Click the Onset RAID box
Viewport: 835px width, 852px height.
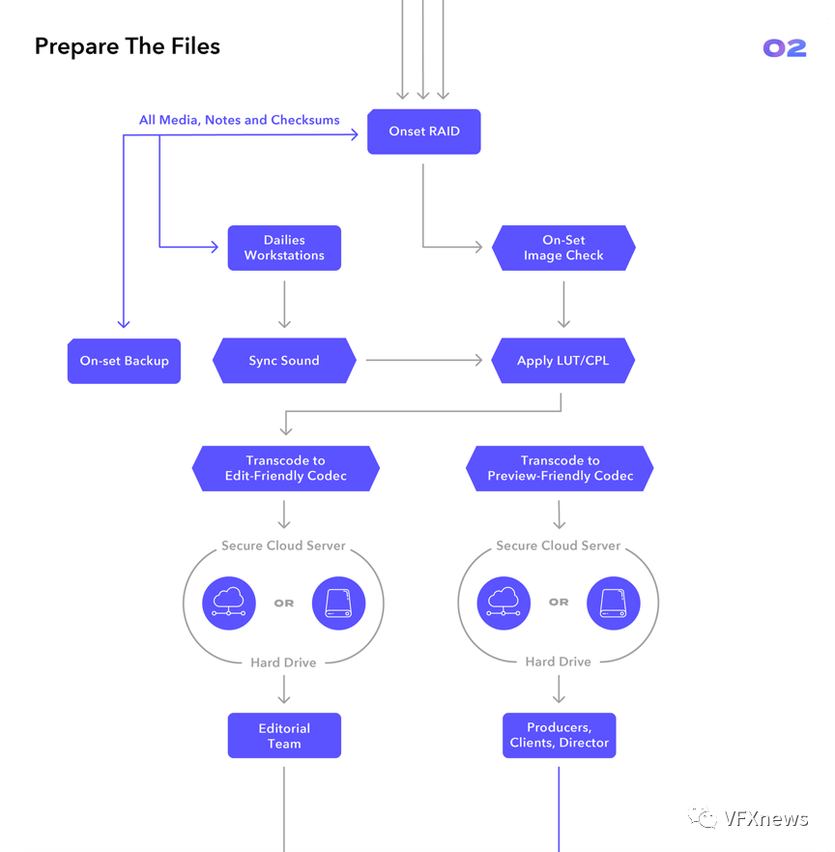pyautogui.click(x=423, y=132)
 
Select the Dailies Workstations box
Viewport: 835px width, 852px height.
pyautogui.click(x=284, y=248)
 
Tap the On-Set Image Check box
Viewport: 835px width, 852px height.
pyautogui.click(x=563, y=248)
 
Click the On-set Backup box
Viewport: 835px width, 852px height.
pyautogui.click(x=124, y=361)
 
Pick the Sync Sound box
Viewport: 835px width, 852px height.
pyautogui.click(x=284, y=361)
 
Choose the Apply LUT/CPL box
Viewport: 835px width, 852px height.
pyautogui.click(x=563, y=361)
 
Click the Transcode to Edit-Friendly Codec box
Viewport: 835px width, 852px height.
pyautogui.click(x=285, y=468)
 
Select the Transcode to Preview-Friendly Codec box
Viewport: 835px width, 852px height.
pyautogui.click(x=560, y=468)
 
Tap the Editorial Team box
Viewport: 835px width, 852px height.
pyautogui.click(x=284, y=736)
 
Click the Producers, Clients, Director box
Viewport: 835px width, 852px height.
pyautogui.click(x=559, y=736)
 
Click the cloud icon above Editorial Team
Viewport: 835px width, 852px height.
pyautogui.click(x=229, y=602)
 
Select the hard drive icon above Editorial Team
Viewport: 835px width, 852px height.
pyautogui.click(x=339, y=602)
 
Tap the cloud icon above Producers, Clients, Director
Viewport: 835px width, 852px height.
pyautogui.click(x=504, y=602)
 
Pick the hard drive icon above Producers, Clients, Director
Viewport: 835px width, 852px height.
pyautogui.click(x=614, y=602)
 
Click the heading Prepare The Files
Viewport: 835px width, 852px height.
pyautogui.click(x=128, y=46)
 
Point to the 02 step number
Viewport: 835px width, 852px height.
pyautogui.click(x=784, y=48)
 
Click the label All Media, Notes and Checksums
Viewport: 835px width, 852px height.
pyautogui.click(x=240, y=120)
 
